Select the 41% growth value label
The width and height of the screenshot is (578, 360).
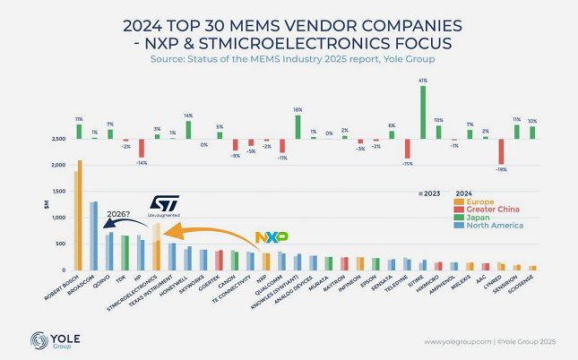423,81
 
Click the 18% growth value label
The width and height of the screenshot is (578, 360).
297,108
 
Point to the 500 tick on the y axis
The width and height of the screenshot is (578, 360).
59,244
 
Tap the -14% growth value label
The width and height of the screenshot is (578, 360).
141,163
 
